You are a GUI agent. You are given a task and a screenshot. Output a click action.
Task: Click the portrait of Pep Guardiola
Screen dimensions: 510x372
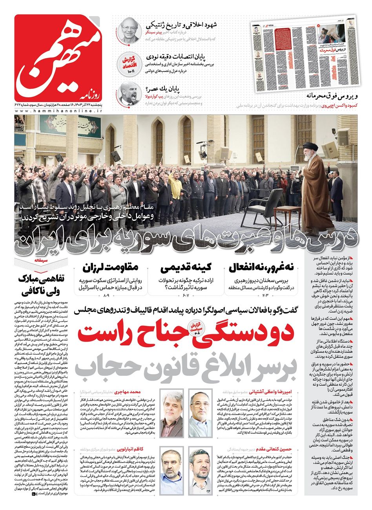click(128, 94)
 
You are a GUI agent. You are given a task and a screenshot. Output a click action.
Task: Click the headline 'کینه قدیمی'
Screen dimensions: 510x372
click(186, 268)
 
